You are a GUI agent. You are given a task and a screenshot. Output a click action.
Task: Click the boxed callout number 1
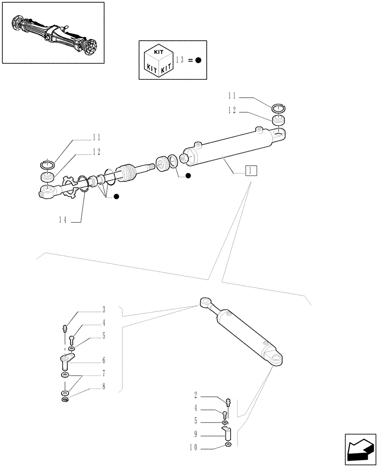[251, 170]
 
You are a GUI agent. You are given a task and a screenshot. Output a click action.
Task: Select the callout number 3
[104, 310]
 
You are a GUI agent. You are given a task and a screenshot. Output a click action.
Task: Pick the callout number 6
[104, 361]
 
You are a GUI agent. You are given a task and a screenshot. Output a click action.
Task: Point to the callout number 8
[104, 387]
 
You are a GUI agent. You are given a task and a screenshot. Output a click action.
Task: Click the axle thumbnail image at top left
[52, 32]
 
